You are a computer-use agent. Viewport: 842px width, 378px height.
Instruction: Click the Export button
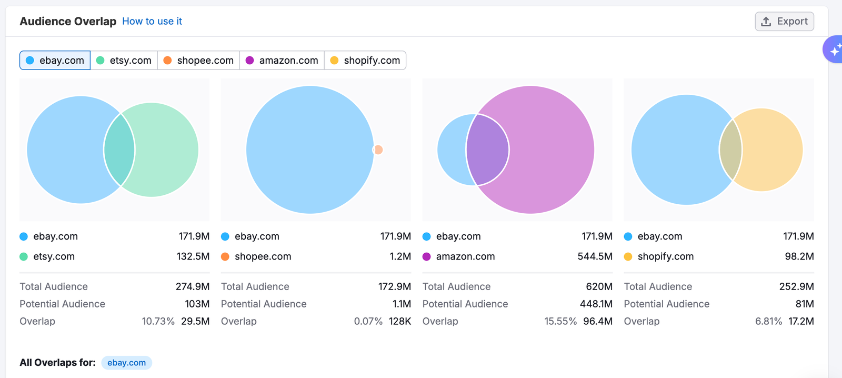784,22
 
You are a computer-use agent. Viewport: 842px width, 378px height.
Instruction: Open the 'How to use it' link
152,22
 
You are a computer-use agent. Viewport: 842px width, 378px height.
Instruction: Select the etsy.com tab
124,61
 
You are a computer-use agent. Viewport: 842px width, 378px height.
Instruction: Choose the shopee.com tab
198,61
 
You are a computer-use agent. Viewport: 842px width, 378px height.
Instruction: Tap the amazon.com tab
282,61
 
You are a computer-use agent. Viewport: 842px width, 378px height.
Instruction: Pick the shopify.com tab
365,61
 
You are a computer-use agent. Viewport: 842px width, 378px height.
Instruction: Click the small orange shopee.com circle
379,150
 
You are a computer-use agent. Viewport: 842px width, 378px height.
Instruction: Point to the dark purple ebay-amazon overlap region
487,150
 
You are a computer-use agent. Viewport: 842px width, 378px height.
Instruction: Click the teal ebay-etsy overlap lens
119,150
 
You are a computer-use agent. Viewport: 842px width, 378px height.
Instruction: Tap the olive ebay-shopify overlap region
730,150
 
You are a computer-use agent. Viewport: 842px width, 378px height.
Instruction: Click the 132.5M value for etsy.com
193,257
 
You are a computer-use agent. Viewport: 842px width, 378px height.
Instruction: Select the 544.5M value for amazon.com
595,257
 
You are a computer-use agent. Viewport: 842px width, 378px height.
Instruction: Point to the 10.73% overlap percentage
158,322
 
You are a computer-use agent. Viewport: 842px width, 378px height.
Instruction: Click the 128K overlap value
400,322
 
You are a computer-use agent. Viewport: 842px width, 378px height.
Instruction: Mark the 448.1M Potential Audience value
596,304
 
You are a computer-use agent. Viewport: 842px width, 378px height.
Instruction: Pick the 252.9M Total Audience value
796,287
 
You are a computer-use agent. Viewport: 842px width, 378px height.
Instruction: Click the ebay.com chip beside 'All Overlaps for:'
127,363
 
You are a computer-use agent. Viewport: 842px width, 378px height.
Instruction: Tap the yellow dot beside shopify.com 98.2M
628,257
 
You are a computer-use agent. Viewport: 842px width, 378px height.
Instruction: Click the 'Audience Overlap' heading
68,22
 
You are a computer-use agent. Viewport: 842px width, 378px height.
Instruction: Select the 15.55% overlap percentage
560,322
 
